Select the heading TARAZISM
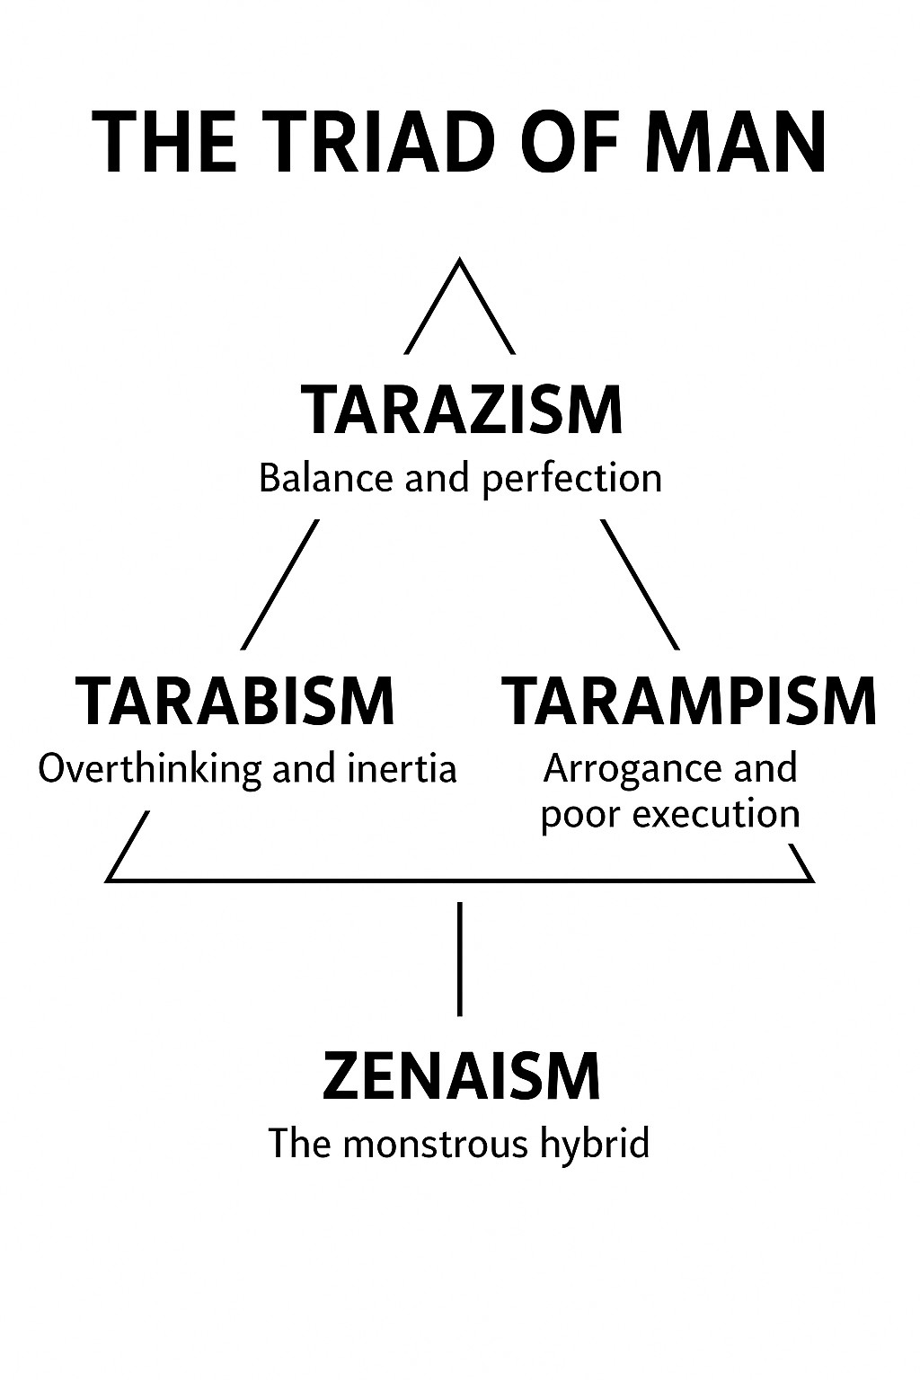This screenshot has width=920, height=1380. [x=461, y=411]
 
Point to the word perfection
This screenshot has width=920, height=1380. [x=572, y=478]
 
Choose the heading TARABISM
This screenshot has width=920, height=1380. [x=235, y=701]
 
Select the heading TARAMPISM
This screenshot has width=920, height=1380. [x=688, y=701]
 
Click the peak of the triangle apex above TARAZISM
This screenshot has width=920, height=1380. [x=460, y=261]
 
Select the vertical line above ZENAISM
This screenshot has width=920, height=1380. [x=460, y=959]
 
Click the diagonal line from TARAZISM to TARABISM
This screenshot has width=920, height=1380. [x=280, y=584]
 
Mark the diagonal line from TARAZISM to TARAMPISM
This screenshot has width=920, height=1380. [x=640, y=584]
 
